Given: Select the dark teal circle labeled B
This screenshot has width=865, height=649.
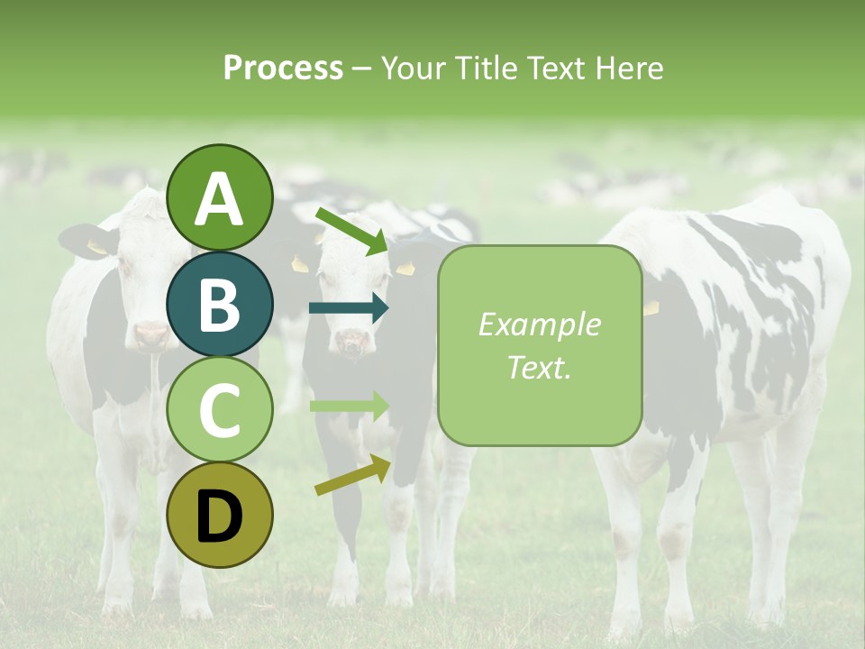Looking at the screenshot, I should (219, 304).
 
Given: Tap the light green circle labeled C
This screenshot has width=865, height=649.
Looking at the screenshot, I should (219, 409).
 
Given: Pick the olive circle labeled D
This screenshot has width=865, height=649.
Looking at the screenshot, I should (219, 515).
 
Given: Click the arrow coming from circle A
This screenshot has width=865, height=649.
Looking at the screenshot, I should (351, 231).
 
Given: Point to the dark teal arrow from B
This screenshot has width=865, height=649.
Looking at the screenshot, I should (348, 308).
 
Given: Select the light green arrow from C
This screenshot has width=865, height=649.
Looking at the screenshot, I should (348, 406).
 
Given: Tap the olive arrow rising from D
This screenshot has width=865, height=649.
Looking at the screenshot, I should (351, 475).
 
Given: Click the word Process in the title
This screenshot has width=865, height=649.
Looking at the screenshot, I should (283, 68).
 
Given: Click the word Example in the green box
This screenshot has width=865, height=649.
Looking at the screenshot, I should (539, 324).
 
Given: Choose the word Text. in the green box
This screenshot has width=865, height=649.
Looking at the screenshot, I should (539, 367).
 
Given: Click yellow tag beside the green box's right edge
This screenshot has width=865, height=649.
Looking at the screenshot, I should (651, 308).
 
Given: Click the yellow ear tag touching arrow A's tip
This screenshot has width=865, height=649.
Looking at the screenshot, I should (405, 268).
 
